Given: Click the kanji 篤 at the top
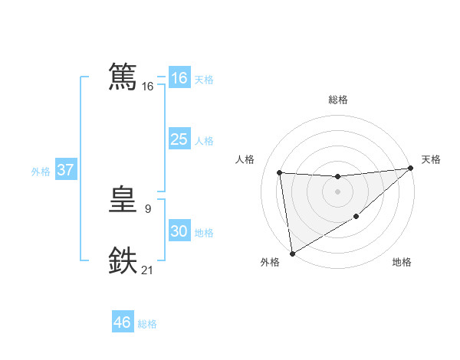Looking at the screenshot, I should click(x=123, y=77).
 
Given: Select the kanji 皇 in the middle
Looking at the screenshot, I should click(x=123, y=201).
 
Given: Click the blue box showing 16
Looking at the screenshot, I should click(x=179, y=78).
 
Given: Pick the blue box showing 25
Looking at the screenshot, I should click(x=179, y=139).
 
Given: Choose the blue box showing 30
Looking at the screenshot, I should click(x=179, y=231).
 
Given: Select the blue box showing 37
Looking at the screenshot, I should click(x=65, y=170).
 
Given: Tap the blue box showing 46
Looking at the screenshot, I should click(x=122, y=322).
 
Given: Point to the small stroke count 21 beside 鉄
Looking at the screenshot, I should click(x=148, y=270).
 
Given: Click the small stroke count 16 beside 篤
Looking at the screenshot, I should click(x=148, y=87).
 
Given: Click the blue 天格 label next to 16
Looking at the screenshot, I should click(x=204, y=79).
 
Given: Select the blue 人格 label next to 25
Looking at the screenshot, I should click(x=204, y=141).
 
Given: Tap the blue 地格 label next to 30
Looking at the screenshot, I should click(x=204, y=233).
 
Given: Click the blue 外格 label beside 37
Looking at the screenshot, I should click(x=41, y=172).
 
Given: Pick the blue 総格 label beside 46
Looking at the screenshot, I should click(x=147, y=324).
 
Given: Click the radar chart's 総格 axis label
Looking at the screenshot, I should click(x=337, y=100).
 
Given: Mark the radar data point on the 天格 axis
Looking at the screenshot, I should click(x=410, y=169).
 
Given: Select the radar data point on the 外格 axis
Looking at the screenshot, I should click(x=292, y=254).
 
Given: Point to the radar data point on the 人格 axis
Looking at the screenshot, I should click(x=280, y=173).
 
